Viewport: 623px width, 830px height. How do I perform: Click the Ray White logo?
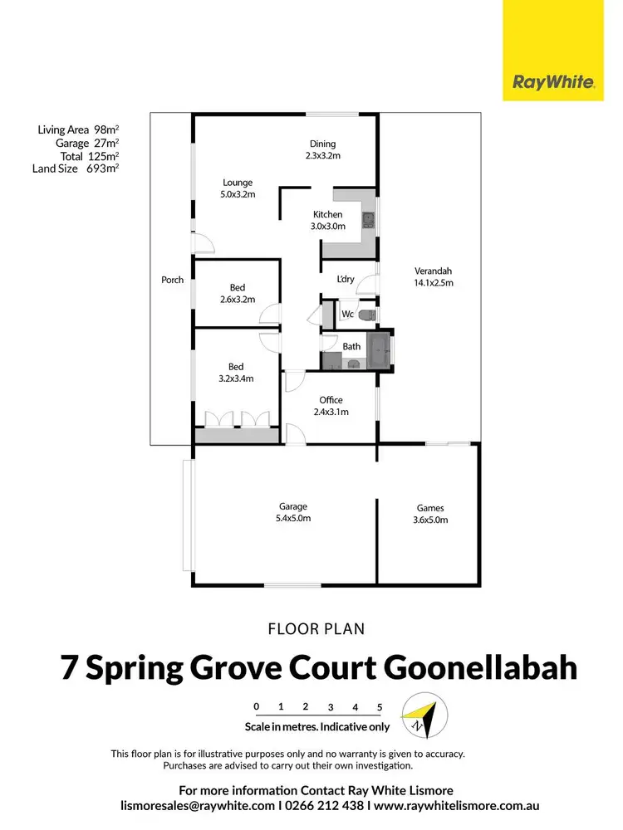point(552,82)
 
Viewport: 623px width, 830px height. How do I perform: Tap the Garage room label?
point(293,506)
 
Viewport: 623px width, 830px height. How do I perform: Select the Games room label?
point(430,509)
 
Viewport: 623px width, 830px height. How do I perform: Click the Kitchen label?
point(327,214)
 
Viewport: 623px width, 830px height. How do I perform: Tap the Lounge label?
point(237,183)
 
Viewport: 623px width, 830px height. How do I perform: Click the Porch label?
point(172,280)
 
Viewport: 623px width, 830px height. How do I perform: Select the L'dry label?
point(345,279)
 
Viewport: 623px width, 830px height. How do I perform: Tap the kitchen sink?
point(369,221)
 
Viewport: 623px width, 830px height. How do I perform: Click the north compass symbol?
point(424,715)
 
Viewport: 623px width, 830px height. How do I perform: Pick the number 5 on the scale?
point(380,707)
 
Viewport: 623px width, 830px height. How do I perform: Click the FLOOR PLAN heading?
point(316,629)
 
